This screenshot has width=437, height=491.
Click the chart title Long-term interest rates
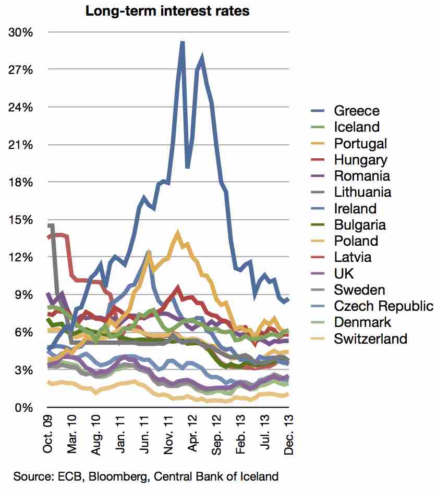pos(167,11)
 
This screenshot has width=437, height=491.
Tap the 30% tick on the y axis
pos(21,32)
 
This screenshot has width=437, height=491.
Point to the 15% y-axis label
pos(21,220)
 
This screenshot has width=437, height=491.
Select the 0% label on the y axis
pos(24,407)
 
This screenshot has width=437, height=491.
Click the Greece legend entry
pos(357,110)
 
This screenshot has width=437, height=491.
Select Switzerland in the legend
pos(371,339)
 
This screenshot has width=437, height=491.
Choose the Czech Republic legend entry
pos(383,306)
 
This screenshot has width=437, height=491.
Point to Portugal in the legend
pos(360,143)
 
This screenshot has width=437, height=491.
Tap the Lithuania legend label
pos(362,192)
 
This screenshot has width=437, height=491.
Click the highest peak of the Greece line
pos(182,42)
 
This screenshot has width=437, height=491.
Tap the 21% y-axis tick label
pos(21,145)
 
